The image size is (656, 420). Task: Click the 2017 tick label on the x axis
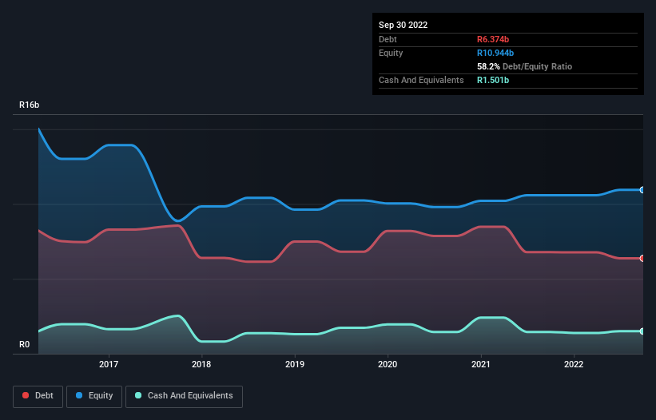109,364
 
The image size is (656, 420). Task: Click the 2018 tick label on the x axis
201,364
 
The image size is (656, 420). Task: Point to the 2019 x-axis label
295,364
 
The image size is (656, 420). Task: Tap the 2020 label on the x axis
388,364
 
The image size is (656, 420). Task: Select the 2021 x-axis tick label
481,364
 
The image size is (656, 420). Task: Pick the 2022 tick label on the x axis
574,364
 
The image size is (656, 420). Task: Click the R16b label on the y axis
30,105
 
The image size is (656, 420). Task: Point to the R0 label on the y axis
25,345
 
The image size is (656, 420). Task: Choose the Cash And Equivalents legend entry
184,395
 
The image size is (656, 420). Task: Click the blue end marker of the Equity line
642,190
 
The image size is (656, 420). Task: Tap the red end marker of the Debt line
642,258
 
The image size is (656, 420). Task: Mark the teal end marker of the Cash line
642,331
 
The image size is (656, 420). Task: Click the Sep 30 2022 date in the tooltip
404,25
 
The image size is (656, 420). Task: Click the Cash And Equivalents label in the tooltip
421,80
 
